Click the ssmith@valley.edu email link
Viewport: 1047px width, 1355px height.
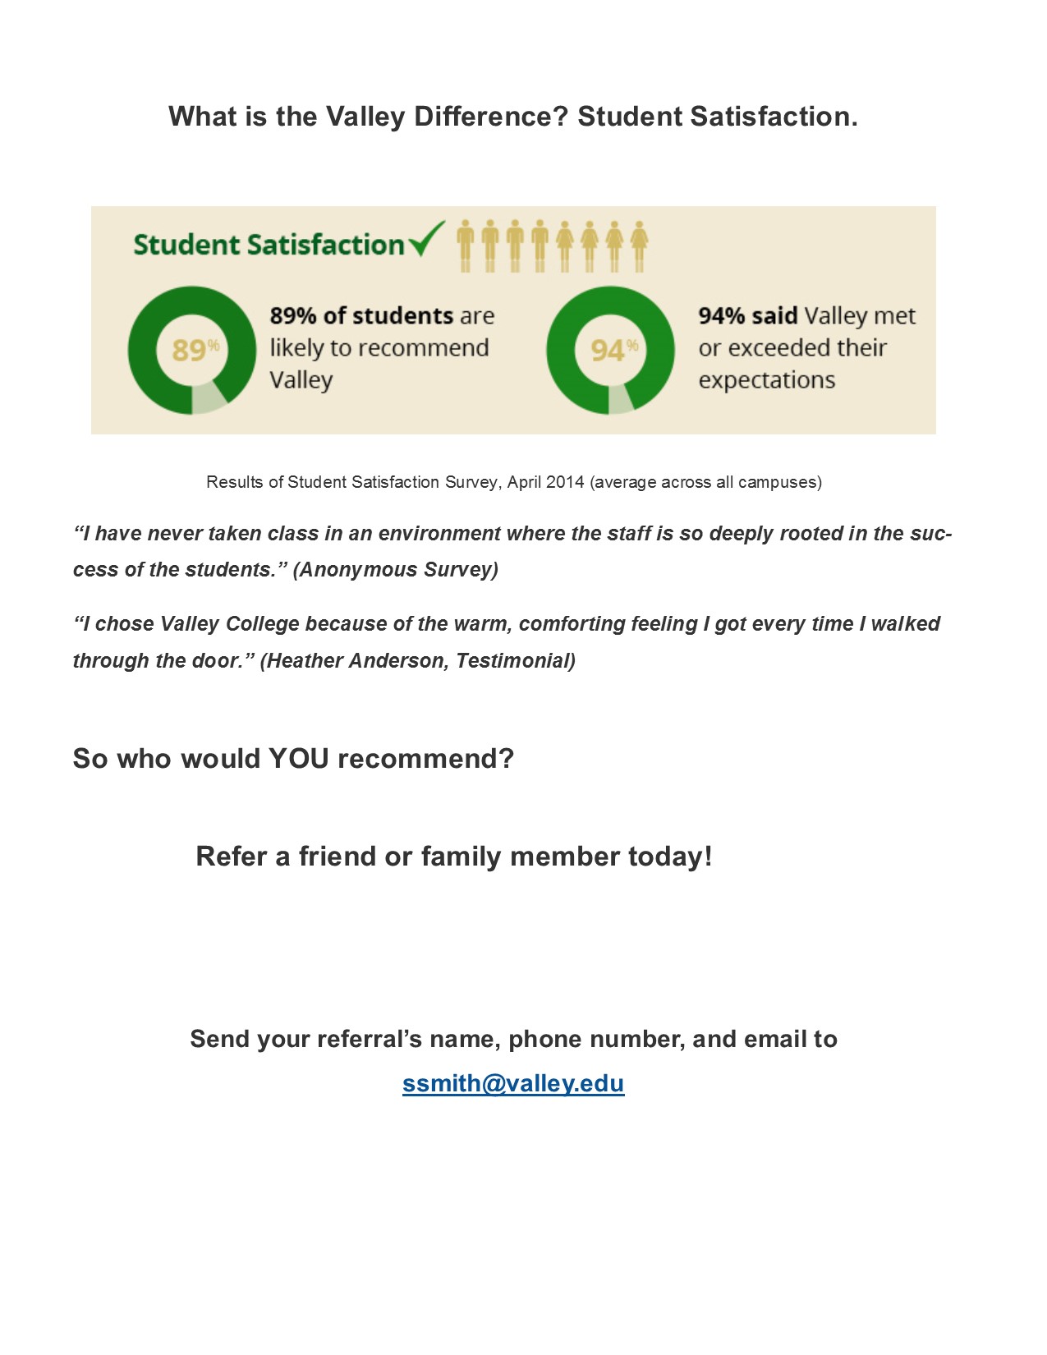pos(513,1083)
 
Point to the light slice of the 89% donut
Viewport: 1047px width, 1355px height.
pos(209,397)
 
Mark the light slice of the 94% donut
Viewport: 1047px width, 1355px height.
pos(621,399)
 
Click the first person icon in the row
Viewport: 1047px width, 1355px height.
pos(466,246)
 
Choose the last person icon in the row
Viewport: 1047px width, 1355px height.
pos(639,246)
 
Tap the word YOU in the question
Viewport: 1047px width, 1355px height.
pos(299,758)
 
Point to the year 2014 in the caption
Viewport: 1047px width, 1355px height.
pos(565,482)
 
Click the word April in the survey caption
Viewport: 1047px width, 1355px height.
pos(524,482)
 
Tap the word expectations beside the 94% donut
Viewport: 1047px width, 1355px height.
pos(767,380)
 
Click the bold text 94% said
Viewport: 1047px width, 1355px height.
pos(748,316)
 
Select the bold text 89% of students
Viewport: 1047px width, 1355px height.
pos(361,316)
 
